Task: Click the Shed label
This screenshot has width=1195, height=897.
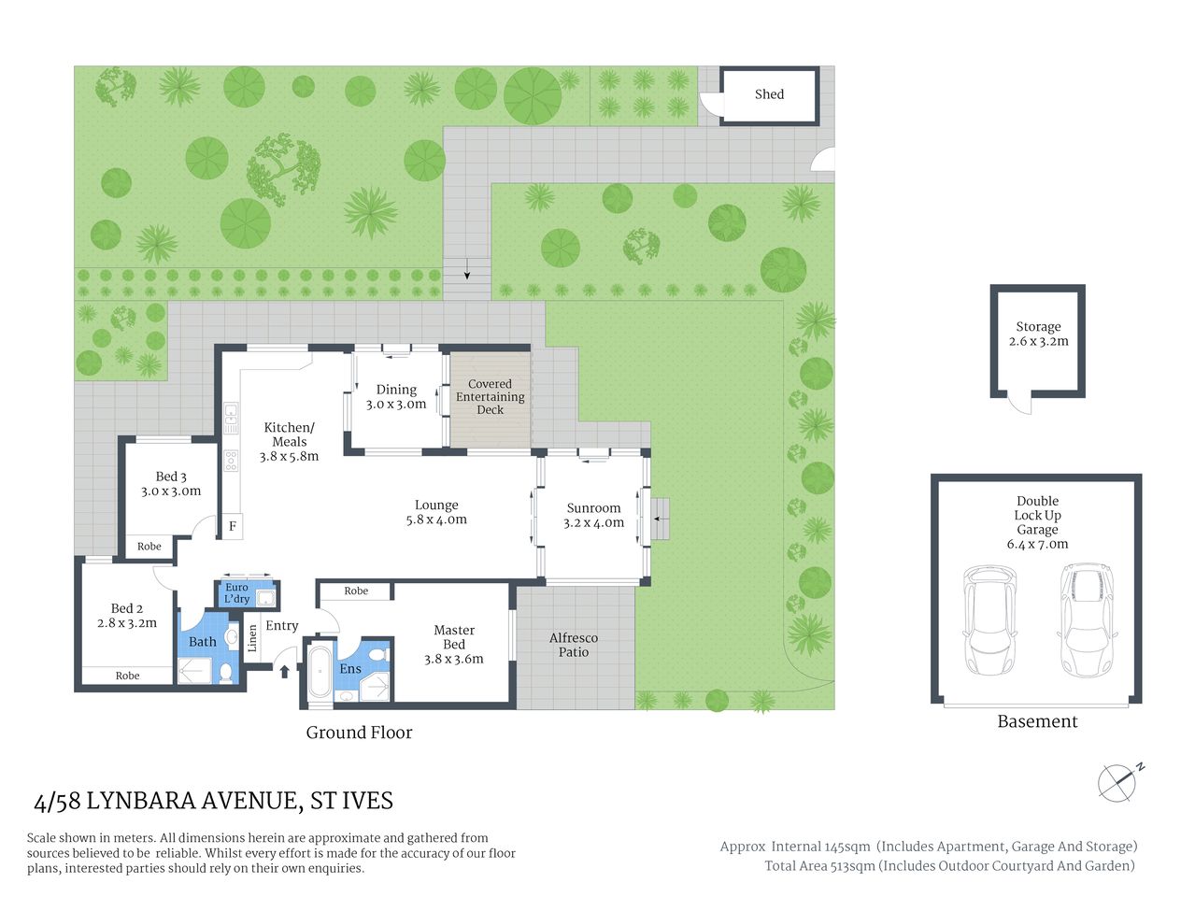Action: (769, 94)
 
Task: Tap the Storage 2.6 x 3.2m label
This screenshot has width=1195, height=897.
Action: (1038, 335)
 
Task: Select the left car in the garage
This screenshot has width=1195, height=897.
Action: (989, 620)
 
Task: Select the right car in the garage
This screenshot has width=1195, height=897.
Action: (1087, 620)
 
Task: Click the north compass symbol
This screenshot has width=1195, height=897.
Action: (1118, 782)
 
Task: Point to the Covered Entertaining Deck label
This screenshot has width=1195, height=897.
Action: (490, 397)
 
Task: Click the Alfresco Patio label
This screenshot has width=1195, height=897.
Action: (574, 645)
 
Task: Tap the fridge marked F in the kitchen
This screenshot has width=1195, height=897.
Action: (232, 526)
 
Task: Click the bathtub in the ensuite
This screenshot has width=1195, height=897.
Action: (320, 671)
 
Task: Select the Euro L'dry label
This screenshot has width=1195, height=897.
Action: (237, 593)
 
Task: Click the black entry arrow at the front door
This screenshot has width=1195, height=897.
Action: (284, 669)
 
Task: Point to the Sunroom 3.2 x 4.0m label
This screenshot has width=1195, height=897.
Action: (593, 516)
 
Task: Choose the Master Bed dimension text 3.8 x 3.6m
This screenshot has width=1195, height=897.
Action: (454, 659)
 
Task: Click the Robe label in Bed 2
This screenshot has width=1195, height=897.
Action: (127, 676)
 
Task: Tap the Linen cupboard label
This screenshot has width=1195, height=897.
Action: (252, 638)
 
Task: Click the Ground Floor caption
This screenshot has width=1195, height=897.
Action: (359, 733)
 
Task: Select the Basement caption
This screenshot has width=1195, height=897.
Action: (1037, 721)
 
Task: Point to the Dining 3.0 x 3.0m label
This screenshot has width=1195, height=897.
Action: (396, 397)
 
